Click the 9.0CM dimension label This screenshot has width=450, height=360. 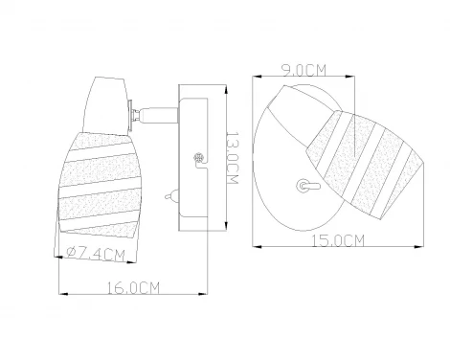pos(304,70)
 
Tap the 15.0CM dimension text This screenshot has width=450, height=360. pos(338,240)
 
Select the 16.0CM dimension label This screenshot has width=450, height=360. pos(133,288)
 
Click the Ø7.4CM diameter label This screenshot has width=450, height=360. pos(96,254)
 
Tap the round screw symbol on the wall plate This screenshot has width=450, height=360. pos(198,157)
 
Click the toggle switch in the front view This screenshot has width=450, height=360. pos(307,186)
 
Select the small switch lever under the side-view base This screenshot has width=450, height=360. pos(170,195)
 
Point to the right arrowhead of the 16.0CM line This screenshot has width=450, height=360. pos(203,294)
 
